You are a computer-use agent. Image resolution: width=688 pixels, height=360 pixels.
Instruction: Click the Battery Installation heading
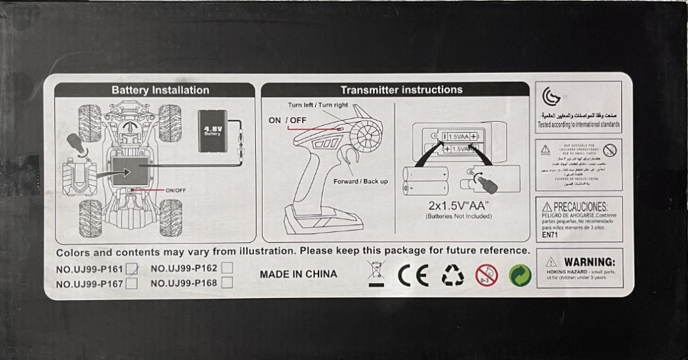pyautogui.click(x=160, y=90)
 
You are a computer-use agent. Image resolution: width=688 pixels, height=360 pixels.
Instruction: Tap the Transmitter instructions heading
pyautogui.click(x=402, y=89)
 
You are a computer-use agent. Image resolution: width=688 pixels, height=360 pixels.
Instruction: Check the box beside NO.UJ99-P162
pyautogui.click(x=227, y=268)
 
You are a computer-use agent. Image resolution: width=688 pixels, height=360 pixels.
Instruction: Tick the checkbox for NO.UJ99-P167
pyautogui.click(x=132, y=283)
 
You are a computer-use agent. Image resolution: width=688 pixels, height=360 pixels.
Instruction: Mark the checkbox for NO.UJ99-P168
pyautogui.click(x=227, y=282)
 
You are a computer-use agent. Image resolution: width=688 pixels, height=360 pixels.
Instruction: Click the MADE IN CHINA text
pyautogui.click(x=299, y=274)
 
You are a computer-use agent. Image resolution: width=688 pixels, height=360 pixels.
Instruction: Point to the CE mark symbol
pyautogui.click(x=413, y=275)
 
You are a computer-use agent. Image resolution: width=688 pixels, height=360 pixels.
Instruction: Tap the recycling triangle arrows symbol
pyautogui.click(x=452, y=275)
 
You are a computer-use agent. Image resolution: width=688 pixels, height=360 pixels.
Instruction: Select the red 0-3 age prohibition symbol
pyautogui.click(x=486, y=275)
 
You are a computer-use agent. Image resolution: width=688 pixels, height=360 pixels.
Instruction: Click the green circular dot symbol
pyautogui.click(x=520, y=275)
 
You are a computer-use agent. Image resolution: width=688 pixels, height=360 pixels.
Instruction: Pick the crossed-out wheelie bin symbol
pyautogui.click(x=377, y=274)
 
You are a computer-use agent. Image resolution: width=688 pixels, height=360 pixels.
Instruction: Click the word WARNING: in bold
pyautogui.click(x=589, y=262)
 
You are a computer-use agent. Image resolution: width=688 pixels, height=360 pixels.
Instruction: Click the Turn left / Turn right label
pyautogui.click(x=318, y=105)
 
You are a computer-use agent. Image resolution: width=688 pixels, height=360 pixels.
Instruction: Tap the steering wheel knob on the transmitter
pyautogui.click(x=369, y=131)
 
